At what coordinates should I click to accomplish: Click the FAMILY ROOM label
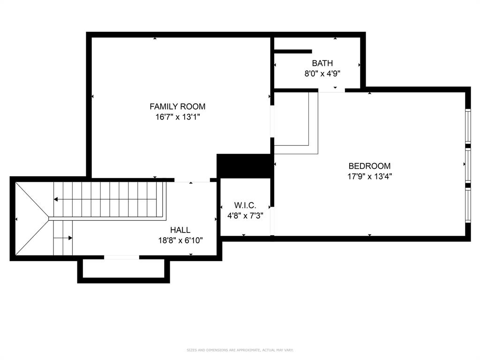click(177, 106)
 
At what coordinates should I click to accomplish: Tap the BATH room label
click(322, 63)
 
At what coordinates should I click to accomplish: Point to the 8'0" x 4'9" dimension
click(322, 74)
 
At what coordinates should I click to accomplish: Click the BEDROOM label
click(369, 166)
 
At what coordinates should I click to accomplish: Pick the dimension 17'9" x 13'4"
click(369, 177)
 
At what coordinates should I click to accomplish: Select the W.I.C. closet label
click(245, 205)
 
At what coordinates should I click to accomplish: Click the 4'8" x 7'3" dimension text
click(245, 216)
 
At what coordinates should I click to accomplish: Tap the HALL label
click(180, 230)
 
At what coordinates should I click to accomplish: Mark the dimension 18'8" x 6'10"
click(180, 240)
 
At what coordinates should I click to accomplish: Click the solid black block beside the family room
click(244, 165)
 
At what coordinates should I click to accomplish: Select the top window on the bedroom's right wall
click(467, 125)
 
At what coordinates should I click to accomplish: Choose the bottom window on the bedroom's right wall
click(467, 205)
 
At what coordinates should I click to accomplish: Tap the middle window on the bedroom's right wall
click(467, 165)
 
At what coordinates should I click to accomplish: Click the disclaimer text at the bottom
click(240, 350)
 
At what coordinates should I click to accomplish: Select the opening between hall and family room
click(192, 180)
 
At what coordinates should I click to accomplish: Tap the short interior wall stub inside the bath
click(293, 51)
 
